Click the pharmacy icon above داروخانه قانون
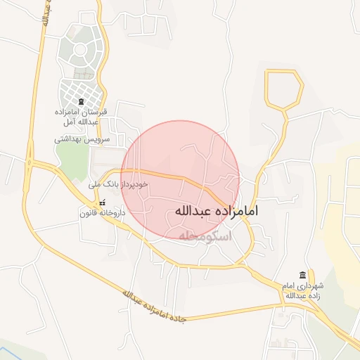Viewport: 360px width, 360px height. tap(103, 202)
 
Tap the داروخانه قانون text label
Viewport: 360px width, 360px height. tap(103, 212)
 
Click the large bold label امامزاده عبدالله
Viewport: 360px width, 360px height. tap(216, 210)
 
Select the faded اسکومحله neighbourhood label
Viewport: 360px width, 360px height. tap(205, 237)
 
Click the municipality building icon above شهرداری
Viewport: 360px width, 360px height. tap(302, 275)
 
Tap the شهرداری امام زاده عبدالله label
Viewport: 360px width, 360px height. tap(302, 291)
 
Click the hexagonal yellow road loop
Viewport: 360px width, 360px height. tap(284, 89)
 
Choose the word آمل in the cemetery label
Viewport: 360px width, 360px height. tap(64, 122)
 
